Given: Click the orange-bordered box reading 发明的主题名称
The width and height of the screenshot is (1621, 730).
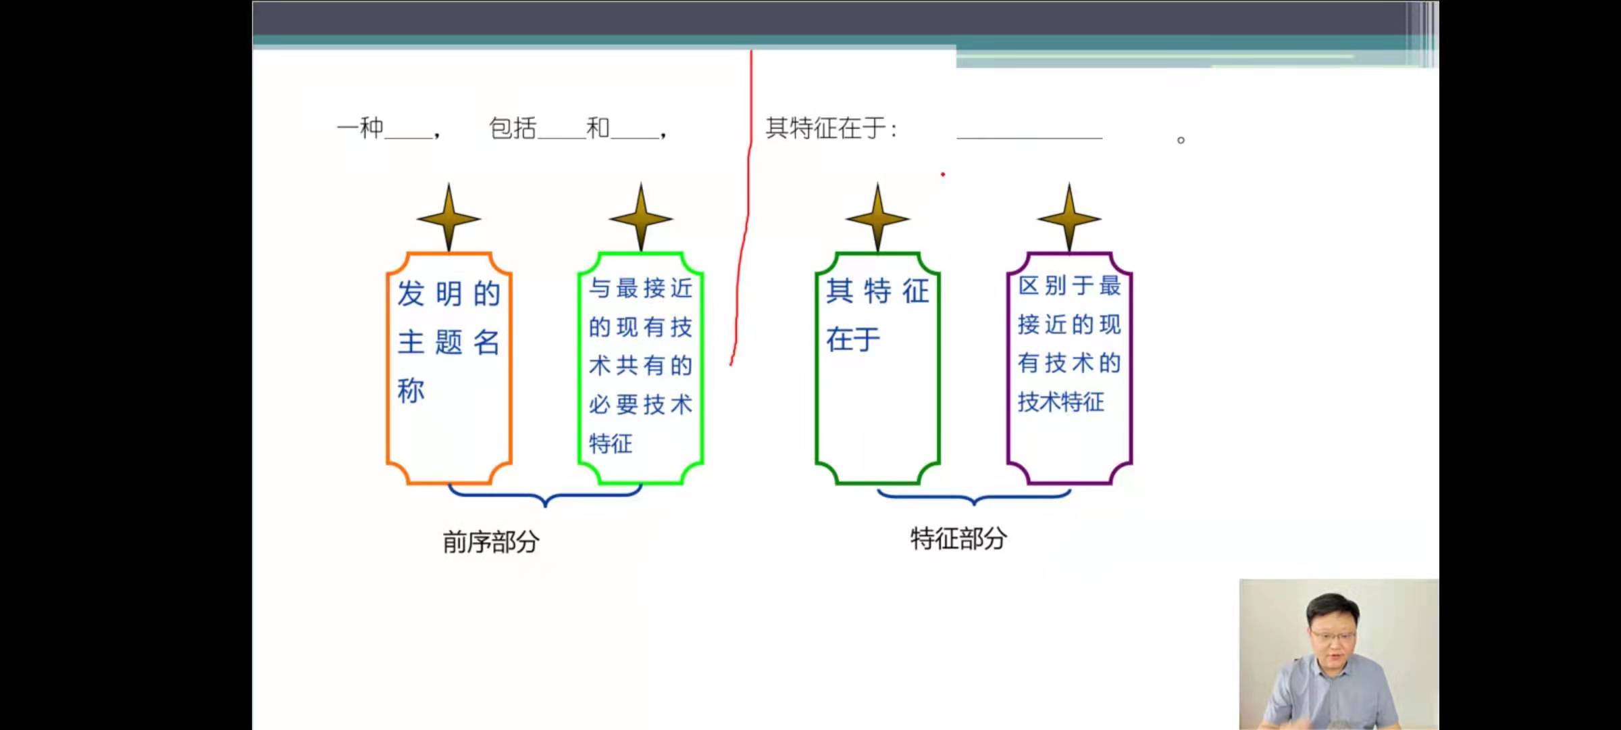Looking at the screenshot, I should coord(449,368).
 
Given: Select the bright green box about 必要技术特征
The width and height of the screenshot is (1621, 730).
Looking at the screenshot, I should coord(641,368).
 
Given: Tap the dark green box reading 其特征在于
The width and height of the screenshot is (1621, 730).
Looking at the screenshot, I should coord(878,368).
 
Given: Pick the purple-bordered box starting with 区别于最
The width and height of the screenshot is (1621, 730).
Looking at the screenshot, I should coord(1070,368).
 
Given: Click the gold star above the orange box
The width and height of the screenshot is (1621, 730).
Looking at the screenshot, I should coord(449,218).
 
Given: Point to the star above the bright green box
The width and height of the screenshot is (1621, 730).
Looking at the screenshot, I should coord(641,218).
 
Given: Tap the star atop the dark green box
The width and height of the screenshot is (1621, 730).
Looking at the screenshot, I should coord(878,218).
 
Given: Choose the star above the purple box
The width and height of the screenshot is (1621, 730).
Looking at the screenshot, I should coord(1070,218).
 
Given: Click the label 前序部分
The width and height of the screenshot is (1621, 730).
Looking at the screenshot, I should coord(491,541).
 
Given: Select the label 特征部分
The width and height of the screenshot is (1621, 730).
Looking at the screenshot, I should coord(959,539).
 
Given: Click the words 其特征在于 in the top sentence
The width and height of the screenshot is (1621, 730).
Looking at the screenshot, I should coord(825,128).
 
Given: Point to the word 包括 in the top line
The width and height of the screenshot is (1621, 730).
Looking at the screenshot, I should coord(513,128).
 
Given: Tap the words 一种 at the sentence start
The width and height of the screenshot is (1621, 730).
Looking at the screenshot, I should coord(361,128).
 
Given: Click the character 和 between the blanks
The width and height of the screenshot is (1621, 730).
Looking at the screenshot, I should coord(598,128).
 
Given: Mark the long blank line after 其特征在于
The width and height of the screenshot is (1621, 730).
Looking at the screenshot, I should coord(1029,137).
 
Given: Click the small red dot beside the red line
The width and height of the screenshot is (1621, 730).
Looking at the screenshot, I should coord(943,174).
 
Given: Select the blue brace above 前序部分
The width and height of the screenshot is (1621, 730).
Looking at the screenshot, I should coord(545,497).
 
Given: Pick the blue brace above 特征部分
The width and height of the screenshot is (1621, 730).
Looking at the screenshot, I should coord(974,497).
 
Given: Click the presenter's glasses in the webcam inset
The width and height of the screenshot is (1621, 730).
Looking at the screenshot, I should coord(1333,636).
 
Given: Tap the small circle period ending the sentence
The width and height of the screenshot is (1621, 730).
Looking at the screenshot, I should coord(1181,140).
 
